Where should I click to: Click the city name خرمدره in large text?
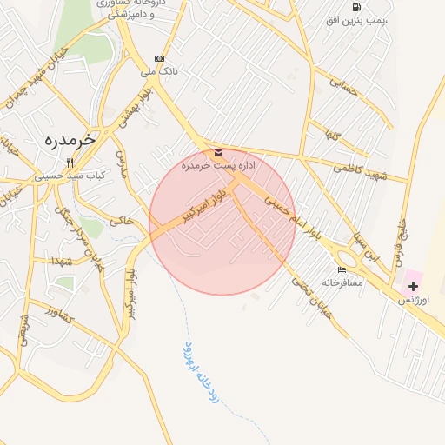69,139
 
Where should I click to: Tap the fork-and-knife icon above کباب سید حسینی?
70,162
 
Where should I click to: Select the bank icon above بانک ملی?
158,58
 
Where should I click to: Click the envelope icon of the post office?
217,153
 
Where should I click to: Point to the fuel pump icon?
357,7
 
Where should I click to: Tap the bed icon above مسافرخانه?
342,270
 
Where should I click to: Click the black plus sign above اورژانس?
412,286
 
